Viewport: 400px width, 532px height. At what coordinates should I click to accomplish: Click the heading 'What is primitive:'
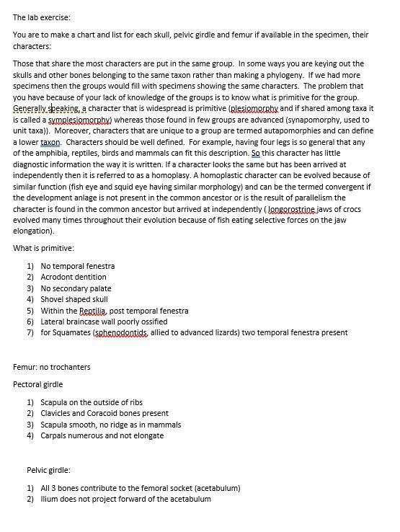pos(45,248)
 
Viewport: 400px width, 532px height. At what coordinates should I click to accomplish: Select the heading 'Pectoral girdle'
pos(37,384)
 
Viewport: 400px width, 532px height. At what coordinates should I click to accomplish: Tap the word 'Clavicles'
pos(58,414)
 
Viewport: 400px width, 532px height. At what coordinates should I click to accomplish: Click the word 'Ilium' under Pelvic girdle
pos(49,499)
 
